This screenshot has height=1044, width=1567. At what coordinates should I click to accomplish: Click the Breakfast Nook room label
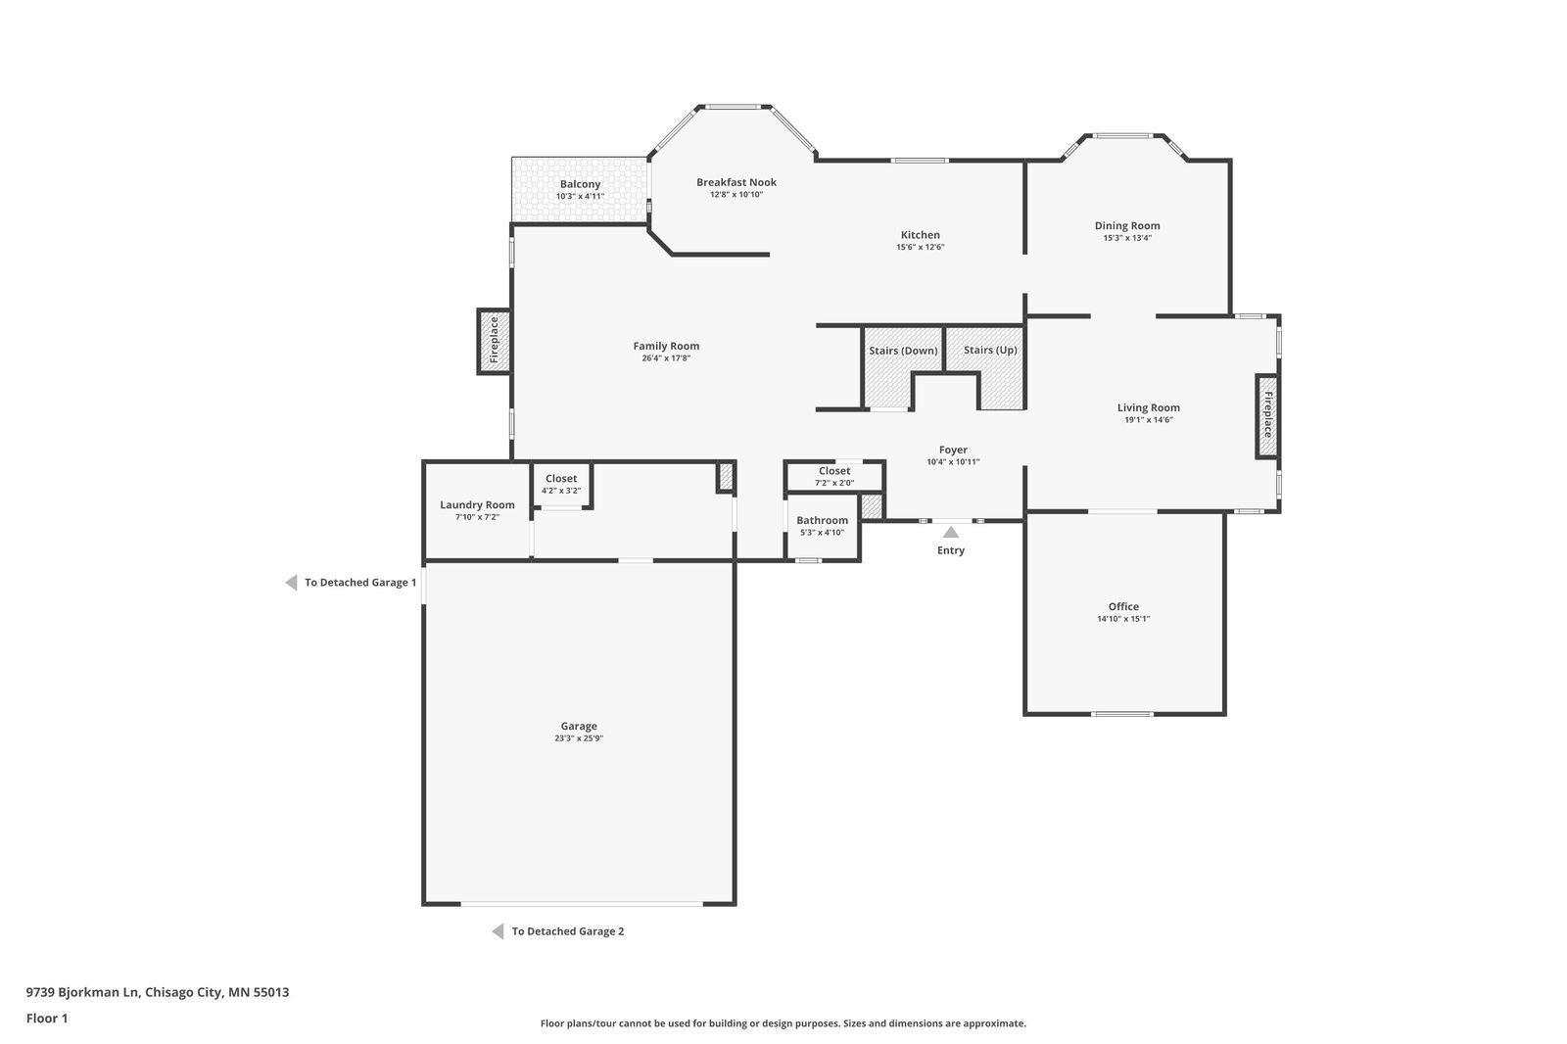(736, 182)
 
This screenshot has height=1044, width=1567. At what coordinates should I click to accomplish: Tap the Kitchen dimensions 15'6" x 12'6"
(921, 247)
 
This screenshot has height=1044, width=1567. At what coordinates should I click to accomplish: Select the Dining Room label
(1127, 225)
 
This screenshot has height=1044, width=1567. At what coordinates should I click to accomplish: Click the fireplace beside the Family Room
(494, 341)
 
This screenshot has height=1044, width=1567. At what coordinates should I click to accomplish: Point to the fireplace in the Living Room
(1267, 415)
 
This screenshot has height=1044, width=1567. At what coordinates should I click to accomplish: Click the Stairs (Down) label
(903, 350)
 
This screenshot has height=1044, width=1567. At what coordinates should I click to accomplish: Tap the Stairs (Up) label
(990, 350)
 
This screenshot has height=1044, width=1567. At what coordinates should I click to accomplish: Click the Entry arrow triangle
(951, 532)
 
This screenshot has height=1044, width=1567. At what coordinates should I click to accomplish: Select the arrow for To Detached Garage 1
(291, 582)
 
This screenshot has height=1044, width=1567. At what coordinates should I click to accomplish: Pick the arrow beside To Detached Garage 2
(499, 930)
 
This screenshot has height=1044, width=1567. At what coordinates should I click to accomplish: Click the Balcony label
(580, 184)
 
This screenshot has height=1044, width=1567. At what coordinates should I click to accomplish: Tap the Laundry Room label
(477, 504)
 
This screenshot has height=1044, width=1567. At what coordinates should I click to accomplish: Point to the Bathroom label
(822, 520)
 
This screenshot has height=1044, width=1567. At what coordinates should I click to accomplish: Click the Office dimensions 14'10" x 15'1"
(1123, 619)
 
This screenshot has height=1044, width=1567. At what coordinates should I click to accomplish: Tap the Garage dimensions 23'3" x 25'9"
(579, 738)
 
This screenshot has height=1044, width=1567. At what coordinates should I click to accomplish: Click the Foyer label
(953, 450)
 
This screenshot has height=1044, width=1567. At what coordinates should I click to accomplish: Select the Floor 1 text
(47, 1019)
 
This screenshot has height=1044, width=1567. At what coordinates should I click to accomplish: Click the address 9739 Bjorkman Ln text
(83, 992)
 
